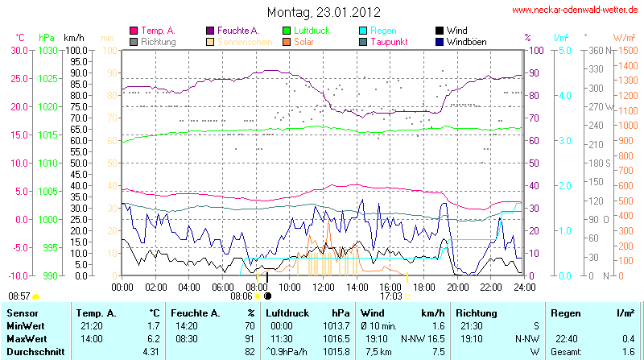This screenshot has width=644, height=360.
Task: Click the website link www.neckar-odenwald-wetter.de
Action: click(x=576, y=10)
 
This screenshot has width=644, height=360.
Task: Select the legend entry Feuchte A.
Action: click(x=242, y=30)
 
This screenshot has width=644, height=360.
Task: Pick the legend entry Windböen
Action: click(x=465, y=41)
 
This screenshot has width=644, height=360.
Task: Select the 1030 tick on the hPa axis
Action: click(x=47, y=50)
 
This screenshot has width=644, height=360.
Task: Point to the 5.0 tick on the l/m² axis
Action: click(x=564, y=50)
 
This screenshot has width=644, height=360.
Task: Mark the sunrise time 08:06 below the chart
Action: click(x=242, y=296)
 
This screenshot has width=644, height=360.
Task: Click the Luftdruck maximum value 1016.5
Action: click(x=341, y=339)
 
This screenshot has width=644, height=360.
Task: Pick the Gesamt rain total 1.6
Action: click(x=629, y=353)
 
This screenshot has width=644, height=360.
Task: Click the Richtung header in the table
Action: click(x=476, y=312)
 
